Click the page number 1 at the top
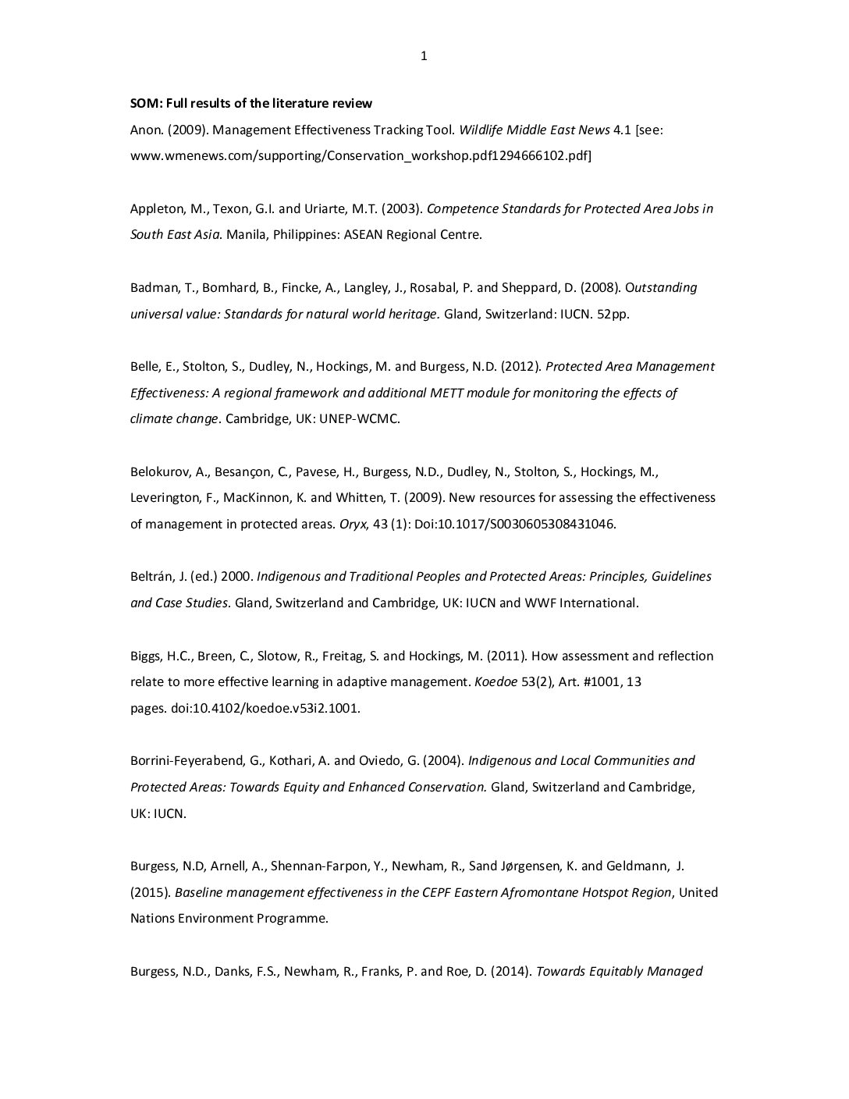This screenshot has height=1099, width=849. tap(424, 55)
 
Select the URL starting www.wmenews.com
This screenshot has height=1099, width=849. tap(361, 156)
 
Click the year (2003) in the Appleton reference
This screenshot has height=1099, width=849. tap(403, 208)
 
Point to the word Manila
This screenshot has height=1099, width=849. tap(246, 235)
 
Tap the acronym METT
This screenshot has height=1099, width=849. tap(447, 393)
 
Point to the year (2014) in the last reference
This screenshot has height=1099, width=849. tap(511, 972)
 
